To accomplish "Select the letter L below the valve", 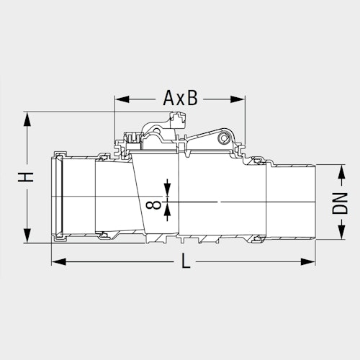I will point(185,263).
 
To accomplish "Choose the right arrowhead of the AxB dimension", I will point(238,99).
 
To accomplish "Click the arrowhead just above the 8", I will point(168,192).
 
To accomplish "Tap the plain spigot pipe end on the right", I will point(292,199).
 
